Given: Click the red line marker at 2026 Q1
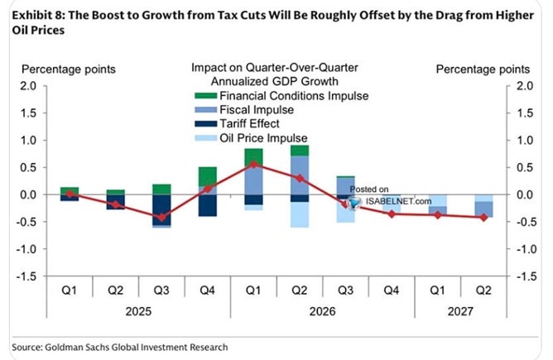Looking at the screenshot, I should (254, 163).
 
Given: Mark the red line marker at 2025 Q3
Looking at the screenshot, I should (162, 218).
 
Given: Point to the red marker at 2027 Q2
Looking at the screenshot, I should (483, 218).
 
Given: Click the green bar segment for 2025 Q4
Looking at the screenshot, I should (208, 178).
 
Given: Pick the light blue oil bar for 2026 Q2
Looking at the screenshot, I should (300, 214).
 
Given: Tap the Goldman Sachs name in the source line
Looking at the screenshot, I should (90, 348).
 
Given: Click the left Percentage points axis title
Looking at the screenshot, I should (69, 69).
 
